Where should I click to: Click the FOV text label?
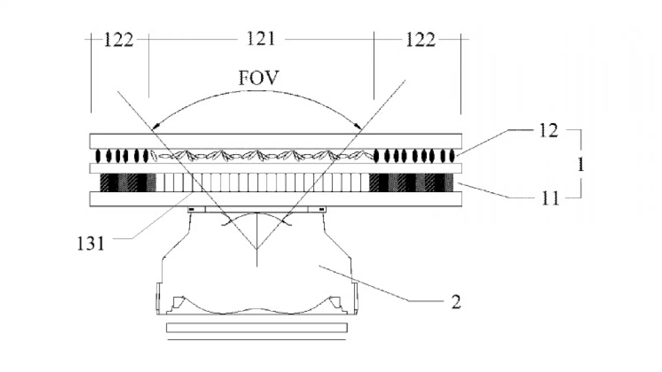[x=259, y=78]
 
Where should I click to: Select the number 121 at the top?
[x=261, y=39]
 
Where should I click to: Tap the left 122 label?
[x=118, y=40]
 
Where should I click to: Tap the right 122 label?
[x=421, y=40]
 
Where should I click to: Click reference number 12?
[x=549, y=130]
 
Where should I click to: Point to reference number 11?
[x=550, y=198]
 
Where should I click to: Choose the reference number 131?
[x=91, y=244]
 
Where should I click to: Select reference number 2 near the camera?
[x=456, y=302]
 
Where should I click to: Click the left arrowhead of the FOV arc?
[x=155, y=127]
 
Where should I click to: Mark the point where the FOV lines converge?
[x=257, y=249]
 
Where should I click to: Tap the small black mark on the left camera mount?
[x=192, y=209]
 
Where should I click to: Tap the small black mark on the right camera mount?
[x=321, y=209]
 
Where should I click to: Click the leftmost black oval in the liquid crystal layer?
[x=98, y=156]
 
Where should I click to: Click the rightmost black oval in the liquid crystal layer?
[x=451, y=156]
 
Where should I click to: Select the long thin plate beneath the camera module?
[x=257, y=328]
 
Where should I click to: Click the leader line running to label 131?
[x=154, y=215]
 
